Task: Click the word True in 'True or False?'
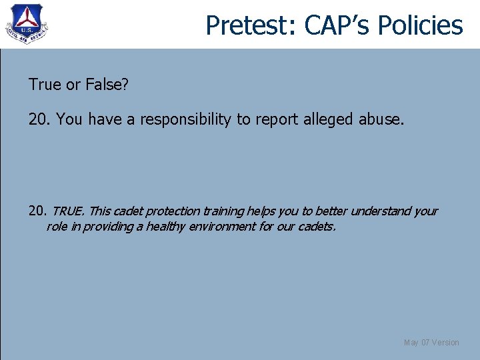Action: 43,85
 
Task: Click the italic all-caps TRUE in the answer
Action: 68,211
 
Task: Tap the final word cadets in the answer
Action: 316,227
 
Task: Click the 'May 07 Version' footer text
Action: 431,343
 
